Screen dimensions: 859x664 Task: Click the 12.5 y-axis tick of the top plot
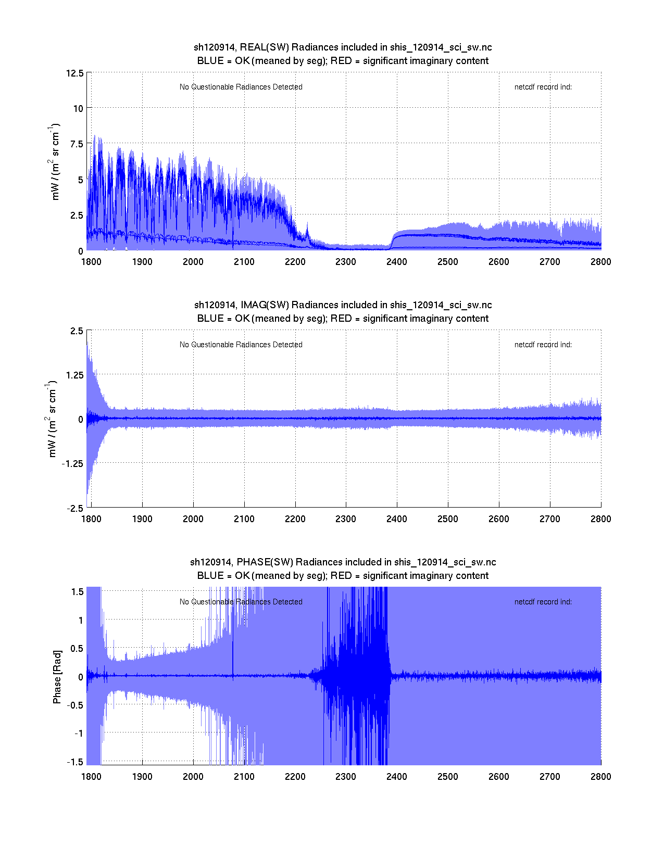click(75, 73)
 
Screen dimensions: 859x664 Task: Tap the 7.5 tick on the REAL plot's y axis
click(77, 144)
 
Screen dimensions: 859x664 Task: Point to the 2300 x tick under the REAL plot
click(346, 262)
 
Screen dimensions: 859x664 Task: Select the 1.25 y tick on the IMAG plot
click(74, 375)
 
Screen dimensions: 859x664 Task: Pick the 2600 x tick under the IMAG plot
click(498, 519)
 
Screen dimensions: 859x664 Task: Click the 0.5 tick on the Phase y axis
click(77, 649)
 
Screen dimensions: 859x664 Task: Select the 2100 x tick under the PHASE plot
click(244, 777)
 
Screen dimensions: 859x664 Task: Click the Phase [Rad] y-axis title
click(57, 677)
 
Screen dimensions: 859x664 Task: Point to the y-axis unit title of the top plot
click(55, 161)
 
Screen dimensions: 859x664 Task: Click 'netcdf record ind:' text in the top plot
click(543, 87)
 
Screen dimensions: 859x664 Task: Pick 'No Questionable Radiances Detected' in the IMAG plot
click(241, 345)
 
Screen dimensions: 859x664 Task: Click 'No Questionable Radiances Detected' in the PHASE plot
click(241, 602)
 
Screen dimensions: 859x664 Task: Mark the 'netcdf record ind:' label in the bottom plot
click(543, 602)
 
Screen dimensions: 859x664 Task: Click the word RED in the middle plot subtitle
click(341, 319)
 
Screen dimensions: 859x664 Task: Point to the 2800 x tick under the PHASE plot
click(600, 777)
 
